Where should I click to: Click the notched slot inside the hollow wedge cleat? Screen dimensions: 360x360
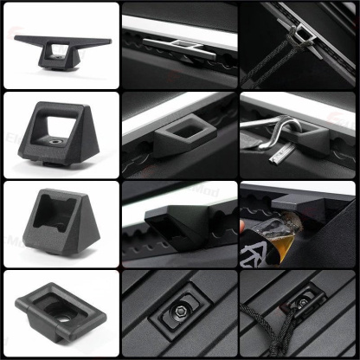54,213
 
